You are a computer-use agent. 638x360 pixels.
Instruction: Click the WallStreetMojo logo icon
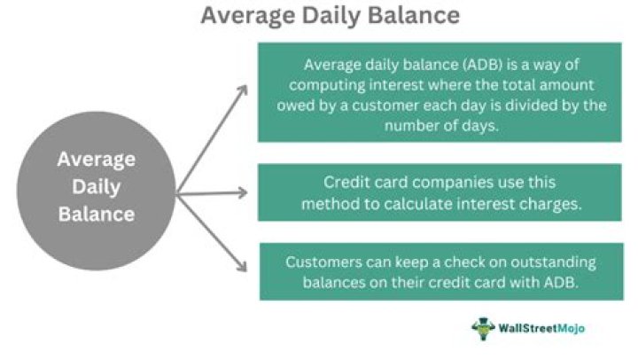coord(482,328)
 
